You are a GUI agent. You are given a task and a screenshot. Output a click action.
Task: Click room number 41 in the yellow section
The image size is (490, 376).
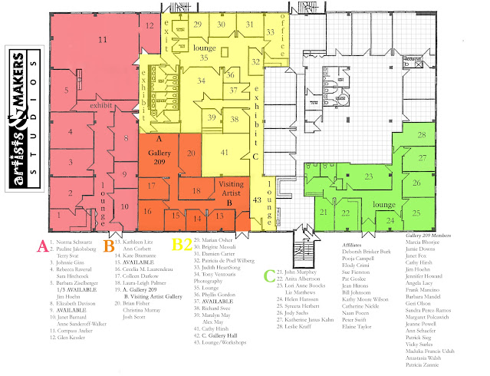(225, 152)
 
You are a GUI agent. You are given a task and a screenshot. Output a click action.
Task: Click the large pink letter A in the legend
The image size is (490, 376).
(43, 246)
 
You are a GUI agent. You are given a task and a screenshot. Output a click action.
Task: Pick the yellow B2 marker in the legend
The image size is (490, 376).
(183, 246)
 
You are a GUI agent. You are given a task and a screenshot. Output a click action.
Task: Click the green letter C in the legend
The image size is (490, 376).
(268, 275)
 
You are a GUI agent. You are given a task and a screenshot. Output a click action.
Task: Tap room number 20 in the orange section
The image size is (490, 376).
(192, 154)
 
